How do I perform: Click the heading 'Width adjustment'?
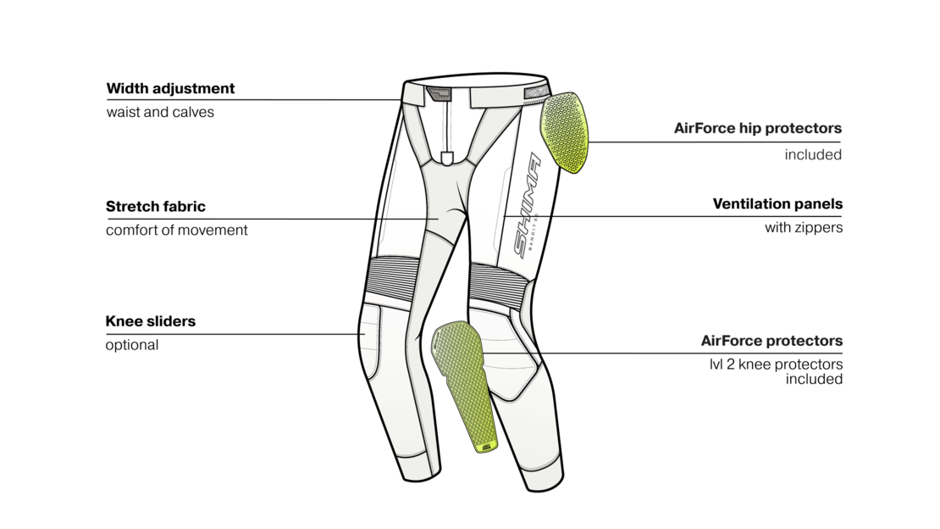tap(170, 89)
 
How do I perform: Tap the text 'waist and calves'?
tap(160, 112)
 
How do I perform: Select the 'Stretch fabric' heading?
tap(155, 207)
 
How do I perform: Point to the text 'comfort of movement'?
tap(176, 230)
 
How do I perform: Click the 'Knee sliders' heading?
tap(151, 321)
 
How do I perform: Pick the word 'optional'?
tap(132, 345)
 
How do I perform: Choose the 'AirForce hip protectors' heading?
tap(758, 129)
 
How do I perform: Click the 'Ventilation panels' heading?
tap(777, 204)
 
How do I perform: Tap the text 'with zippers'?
tap(804, 227)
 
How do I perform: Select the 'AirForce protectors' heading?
tap(771, 341)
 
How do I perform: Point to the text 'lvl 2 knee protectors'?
tap(776, 365)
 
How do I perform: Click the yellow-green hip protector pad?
tap(565, 132)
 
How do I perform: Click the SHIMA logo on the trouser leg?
tap(528, 205)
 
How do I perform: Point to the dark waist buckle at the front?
tap(438, 94)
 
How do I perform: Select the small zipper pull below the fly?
tap(446, 159)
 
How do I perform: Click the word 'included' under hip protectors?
tap(813, 155)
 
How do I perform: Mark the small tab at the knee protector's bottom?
tap(486, 446)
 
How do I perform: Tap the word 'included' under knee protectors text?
tap(814, 380)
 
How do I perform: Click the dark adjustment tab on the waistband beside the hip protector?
tap(536, 92)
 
